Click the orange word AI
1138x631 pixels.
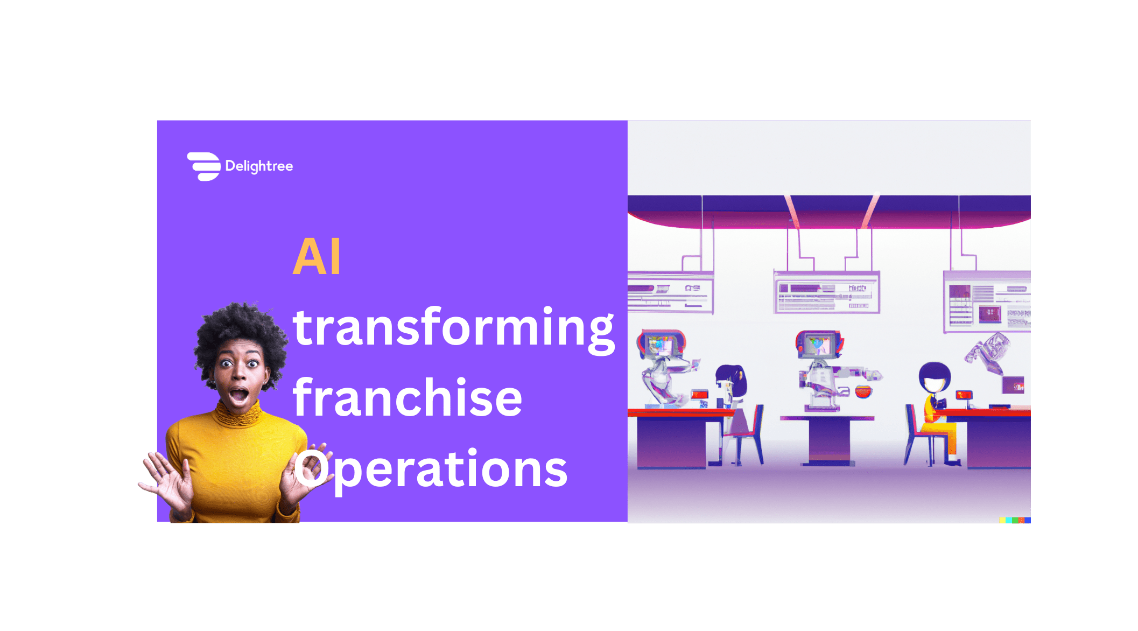pyautogui.click(x=317, y=257)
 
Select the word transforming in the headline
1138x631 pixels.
pyautogui.click(x=453, y=328)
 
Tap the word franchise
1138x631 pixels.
pyautogui.click(x=407, y=398)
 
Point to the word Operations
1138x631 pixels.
pyautogui.click(x=431, y=468)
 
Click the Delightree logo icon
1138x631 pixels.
pyautogui.click(x=204, y=166)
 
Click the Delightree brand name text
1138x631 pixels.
pyautogui.click(x=259, y=166)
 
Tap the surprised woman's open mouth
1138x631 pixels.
pyautogui.click(x=238, y=396)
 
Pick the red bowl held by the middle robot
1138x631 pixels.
pyautogui.click(x=863, y=391)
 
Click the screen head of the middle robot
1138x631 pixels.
pyautogui.click(x=819, y=345)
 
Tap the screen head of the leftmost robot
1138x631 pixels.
pyautogui.click(x=662, y=345)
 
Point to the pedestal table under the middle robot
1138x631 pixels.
pyautogui.click(x=827, y=439)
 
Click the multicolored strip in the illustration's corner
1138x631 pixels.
pyautogui.click(x=1015, y=520)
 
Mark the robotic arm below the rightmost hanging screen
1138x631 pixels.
pyautogui.click(x=988, y=353)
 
